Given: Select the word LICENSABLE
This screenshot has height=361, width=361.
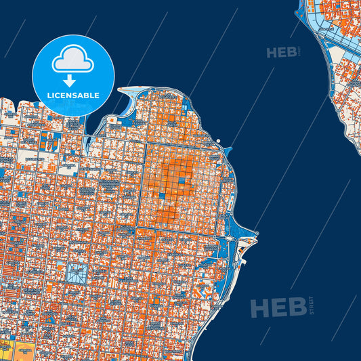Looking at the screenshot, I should [73, 95].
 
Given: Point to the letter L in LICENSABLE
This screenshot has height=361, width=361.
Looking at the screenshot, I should [49, 95].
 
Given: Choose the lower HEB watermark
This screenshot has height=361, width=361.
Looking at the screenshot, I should [278, 307].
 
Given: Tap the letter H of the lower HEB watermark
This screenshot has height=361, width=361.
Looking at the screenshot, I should [259, 307].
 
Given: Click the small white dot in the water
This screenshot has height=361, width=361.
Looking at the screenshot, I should [219, 142].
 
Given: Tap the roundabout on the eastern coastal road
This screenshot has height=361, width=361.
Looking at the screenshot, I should [232, 238].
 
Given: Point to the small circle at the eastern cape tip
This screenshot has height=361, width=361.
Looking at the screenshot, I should [257, 234].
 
